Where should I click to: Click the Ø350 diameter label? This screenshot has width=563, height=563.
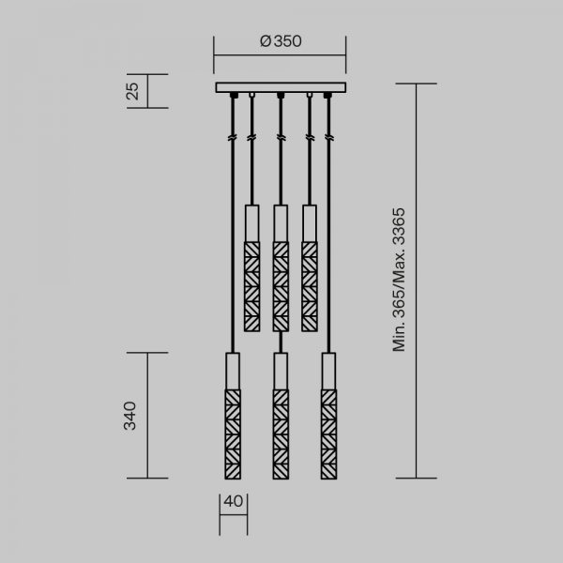[280, 41]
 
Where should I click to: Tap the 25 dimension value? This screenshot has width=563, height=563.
[133, 91]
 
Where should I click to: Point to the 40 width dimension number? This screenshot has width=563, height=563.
[234, 501]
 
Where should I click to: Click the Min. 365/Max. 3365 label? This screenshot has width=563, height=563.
[400, 280]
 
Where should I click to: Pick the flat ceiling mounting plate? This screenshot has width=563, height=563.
[280, 88]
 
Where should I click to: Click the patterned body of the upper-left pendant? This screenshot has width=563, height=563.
[251, 286]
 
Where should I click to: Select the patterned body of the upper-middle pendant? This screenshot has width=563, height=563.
[280, 286]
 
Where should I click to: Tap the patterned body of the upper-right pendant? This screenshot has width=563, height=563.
[309, 286]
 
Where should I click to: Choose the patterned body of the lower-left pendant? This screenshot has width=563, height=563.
[233, 433]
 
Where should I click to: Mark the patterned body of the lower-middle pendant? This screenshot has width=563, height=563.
[280, 433]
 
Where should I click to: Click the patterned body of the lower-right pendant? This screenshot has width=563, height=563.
[328, 433]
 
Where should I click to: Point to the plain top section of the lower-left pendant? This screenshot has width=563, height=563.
[233, 369]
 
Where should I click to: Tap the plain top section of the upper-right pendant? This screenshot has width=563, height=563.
[309, 222]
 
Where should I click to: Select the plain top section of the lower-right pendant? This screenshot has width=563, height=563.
[328, 369]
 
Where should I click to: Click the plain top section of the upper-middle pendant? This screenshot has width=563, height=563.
[280, 222]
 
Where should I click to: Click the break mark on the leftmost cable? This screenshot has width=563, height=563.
[232, 138]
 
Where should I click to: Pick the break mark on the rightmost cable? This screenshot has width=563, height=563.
[328, 138]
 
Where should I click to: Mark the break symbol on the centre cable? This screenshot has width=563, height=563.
[280, 138]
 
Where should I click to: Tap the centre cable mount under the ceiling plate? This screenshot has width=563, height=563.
[280, 97]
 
